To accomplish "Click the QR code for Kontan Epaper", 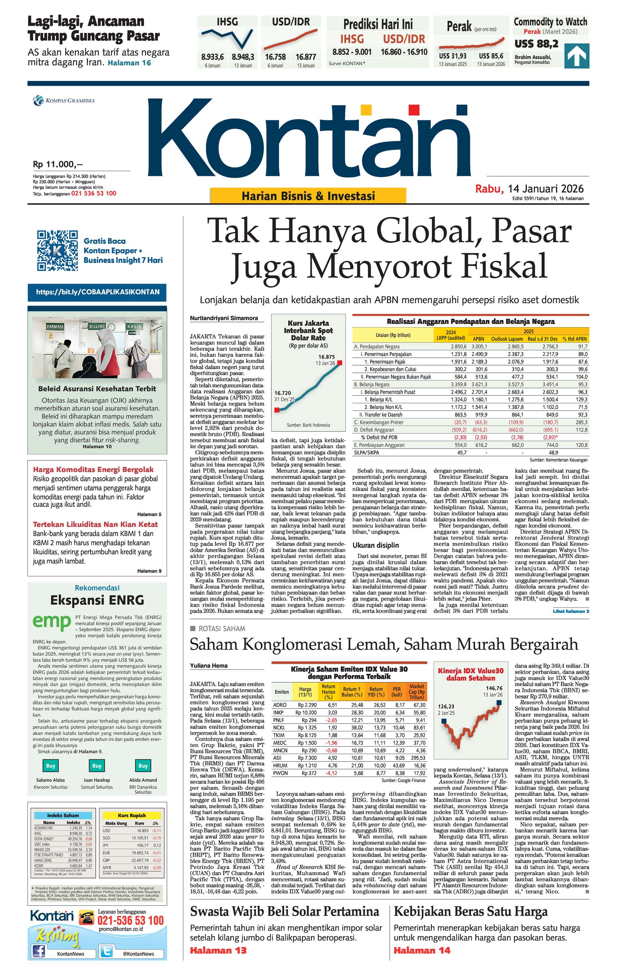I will click(x=58, y=250).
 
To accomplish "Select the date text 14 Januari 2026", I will click(x=545, y=189).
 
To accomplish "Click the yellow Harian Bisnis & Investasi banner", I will click(x=308, y=196).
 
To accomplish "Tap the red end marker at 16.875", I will click(x=340, y=363).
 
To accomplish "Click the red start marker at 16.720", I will click(x=277, y=410).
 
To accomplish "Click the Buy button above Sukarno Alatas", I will click(x=50, y=766).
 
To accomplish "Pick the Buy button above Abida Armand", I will click(x=143, y=766).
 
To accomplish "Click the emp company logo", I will click(x=52, y=622).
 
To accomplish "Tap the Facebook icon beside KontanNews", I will click(x=39, y=951).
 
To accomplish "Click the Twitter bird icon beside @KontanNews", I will click(x=106, y=951).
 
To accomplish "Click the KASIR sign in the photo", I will click(x=134, y=326).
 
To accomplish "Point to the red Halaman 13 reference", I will click(x=218, y=950).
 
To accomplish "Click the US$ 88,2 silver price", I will click(x=536, y=44).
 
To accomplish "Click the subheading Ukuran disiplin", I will click(x=375, y=546).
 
